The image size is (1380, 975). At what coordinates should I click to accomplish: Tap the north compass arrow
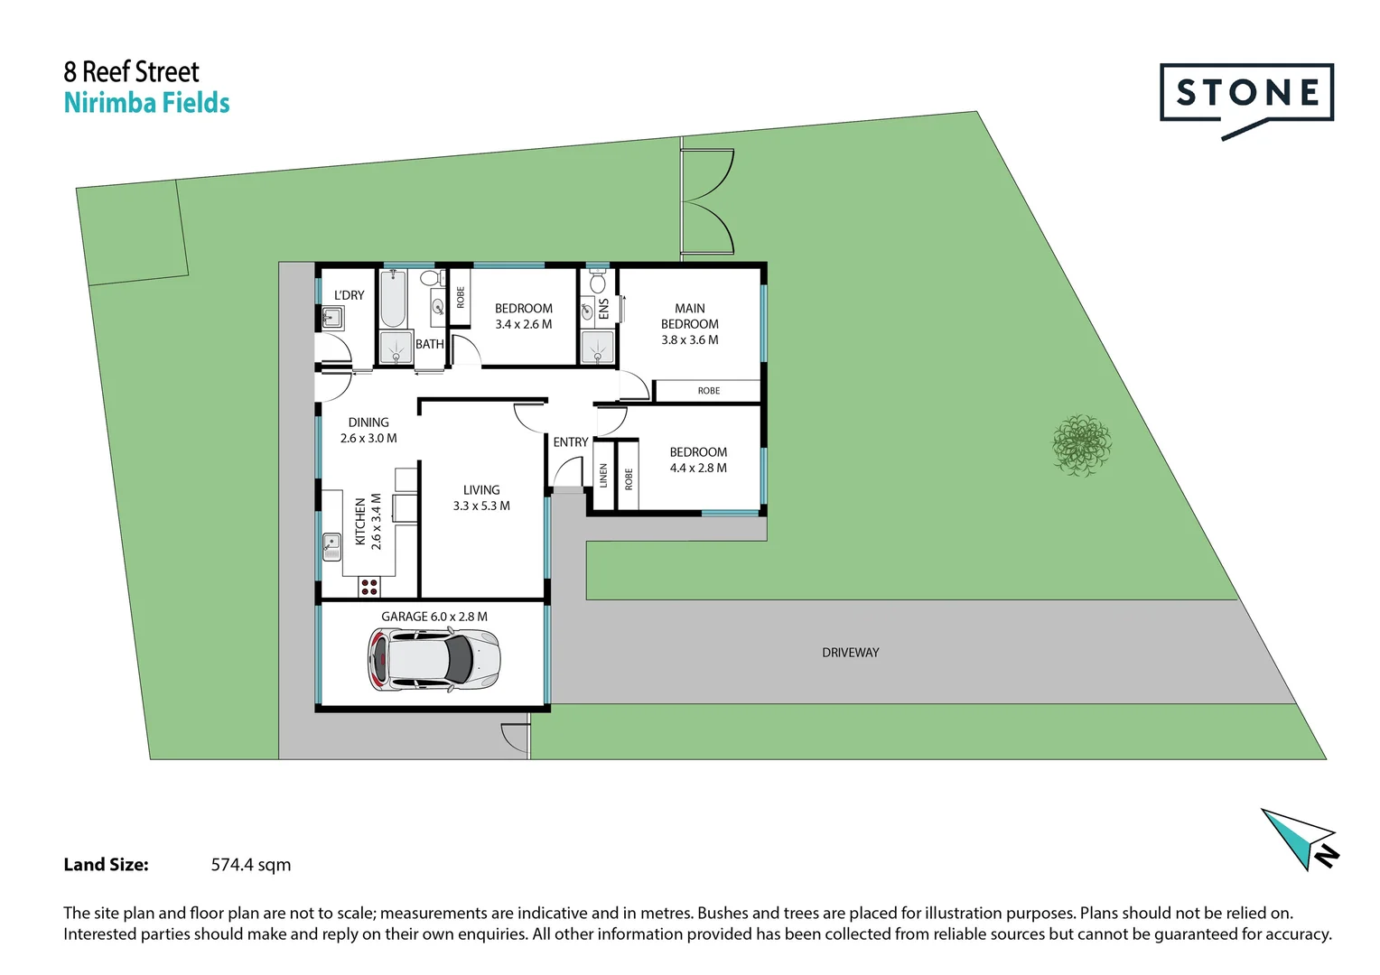(1298, 837)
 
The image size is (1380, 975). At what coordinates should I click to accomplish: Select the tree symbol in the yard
(1081, 444)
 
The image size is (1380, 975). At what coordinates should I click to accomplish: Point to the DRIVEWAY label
(850, 653)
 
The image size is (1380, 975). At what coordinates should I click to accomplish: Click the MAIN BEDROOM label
(690, 316)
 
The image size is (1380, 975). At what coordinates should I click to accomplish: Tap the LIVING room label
(481, 490)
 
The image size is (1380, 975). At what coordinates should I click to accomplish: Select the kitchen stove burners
(369, 588)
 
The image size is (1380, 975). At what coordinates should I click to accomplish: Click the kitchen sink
(331, 546)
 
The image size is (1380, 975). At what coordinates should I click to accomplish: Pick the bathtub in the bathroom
(393, 298)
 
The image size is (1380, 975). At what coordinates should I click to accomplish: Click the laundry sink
(331, 317)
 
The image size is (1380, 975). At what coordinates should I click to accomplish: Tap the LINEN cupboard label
(603, 476)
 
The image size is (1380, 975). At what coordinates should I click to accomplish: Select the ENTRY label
(570, 442)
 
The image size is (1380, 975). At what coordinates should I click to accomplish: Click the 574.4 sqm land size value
(251, 865)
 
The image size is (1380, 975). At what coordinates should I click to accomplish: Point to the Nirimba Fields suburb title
(146, 103)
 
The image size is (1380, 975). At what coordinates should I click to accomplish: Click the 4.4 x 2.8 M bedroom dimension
(698, 469)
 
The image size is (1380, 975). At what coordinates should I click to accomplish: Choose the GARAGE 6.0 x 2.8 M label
(434, 617)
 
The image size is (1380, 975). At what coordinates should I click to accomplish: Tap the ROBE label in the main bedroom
(708, 391)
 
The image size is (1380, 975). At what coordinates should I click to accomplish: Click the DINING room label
(368, 422)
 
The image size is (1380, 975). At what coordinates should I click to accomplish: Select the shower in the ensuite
(597, 347)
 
